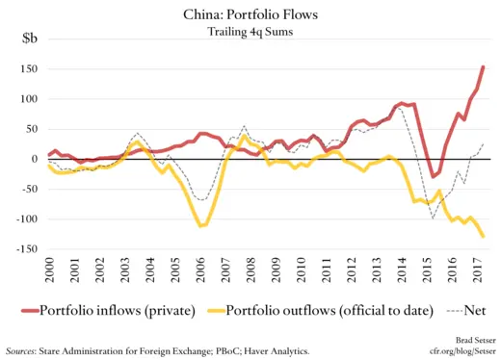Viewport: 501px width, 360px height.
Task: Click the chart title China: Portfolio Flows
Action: click(x=250, y=14)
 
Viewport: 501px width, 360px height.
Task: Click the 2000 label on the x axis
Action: click(x=48, y=270)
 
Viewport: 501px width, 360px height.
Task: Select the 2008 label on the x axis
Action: click(x=249, y=270)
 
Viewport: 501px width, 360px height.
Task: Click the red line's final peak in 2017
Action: click(x=483, y=67)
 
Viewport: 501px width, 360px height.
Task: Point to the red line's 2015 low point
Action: click(x=434, y=176)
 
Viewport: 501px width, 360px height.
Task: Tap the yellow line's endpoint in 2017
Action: click(x=483, y=236)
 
